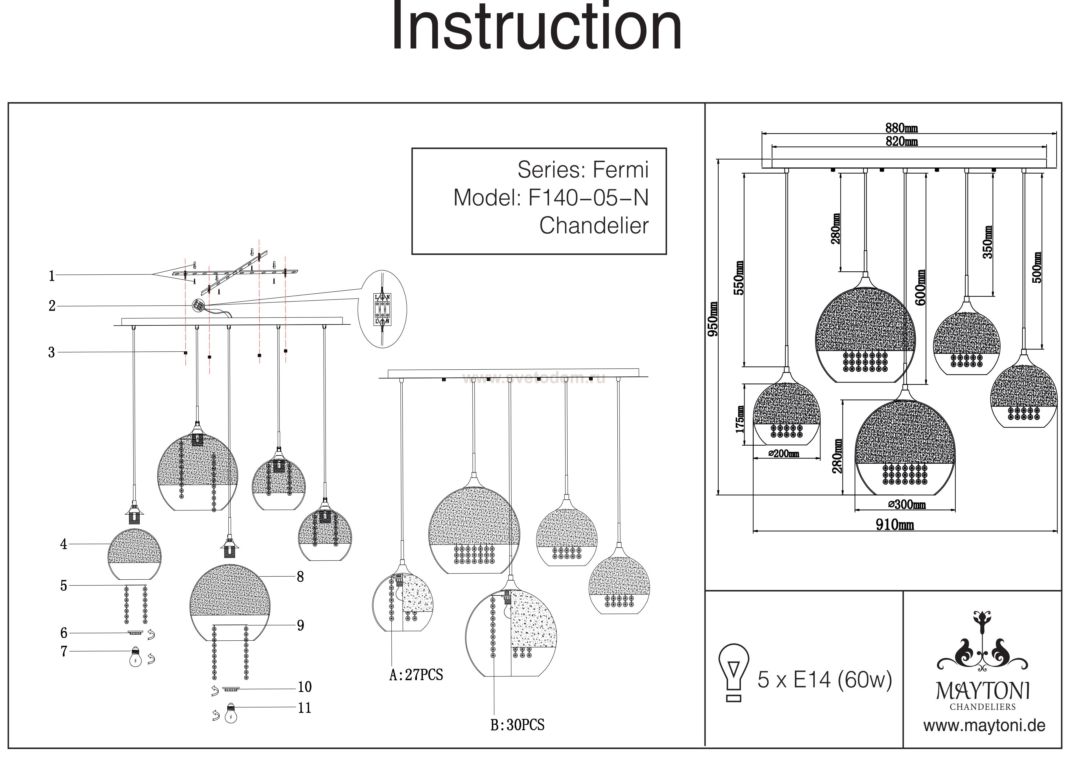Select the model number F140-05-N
pyautogui.click(x=588, y=198)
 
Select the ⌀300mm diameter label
pyautogui.click(x=907, y=504)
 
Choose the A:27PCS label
pyautogui.click(x=416, y=675)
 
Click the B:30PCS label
pyautogui.click(x=517, y=725)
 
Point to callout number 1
pyautogui.click(x=52, y=276)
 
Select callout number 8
pyautogui.click(x=300, y=577)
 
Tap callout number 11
pyautogui.click(x=304, y=708)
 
